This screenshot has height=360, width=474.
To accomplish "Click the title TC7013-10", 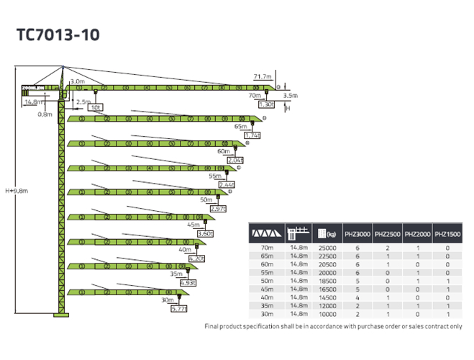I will [x=58, y=34].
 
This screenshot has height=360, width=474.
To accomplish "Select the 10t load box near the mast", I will [x=96, y=107].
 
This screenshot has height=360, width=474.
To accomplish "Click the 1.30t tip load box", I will [x=266, y=104].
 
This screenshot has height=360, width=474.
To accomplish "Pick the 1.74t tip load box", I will [x=252, y=135].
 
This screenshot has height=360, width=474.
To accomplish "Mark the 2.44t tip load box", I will [x=227, y=185].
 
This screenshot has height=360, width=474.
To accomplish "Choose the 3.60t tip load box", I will [x=205, y=233].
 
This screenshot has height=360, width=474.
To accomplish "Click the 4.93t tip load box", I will [x=187, y=283].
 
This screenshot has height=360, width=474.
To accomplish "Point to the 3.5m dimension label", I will [x=291, y=95].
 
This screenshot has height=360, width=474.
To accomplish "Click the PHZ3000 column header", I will [x=357, y=234].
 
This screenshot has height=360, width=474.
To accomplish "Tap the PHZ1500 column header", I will [x=447, y=234].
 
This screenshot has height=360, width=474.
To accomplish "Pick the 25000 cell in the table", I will [x=327, y=248].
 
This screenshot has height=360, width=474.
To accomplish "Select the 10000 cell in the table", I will [x=327, y=315].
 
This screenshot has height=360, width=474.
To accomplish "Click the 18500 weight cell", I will [x=327, y=281].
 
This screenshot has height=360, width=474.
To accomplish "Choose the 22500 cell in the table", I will [x=327, y=256].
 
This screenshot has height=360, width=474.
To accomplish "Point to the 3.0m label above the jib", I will [x=78, y=81].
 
